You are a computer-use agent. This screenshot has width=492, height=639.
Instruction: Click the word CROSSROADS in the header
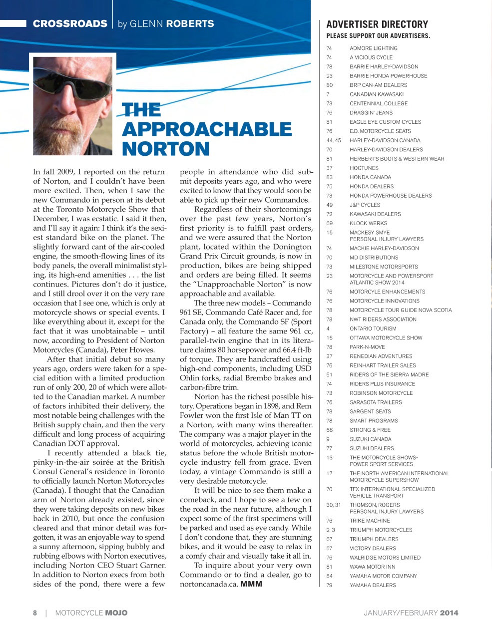point(70,23)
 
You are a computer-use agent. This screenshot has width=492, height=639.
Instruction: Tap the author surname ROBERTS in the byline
point(190,23)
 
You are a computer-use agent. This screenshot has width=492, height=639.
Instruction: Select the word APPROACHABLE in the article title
point(206,129)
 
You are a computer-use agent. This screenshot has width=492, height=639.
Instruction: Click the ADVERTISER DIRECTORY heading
point(377,24)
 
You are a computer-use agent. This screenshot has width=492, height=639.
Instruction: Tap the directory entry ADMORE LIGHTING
point(373,48)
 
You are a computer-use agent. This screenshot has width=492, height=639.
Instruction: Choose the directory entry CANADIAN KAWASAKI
point(376,94)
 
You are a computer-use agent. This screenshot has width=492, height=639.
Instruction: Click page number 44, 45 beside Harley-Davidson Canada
point(334,140)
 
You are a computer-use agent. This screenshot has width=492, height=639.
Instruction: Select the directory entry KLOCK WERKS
point(368,223)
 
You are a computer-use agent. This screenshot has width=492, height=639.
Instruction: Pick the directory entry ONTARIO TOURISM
point(373,328)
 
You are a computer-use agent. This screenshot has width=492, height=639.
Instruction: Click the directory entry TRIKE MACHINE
point(370,521)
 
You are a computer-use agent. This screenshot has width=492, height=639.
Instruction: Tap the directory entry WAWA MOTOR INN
point(372,567)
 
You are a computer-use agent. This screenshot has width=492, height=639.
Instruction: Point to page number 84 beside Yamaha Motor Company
point(329,576)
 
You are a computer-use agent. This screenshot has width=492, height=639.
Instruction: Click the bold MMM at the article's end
point(251,584)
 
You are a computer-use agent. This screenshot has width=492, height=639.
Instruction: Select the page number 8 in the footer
point(35,613)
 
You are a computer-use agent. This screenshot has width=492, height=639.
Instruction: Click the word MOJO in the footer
point(116,613)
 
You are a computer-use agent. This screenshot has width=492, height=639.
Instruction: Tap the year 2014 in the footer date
point(449,613)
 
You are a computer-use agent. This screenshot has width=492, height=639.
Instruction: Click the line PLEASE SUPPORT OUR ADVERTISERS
point(378,36)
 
